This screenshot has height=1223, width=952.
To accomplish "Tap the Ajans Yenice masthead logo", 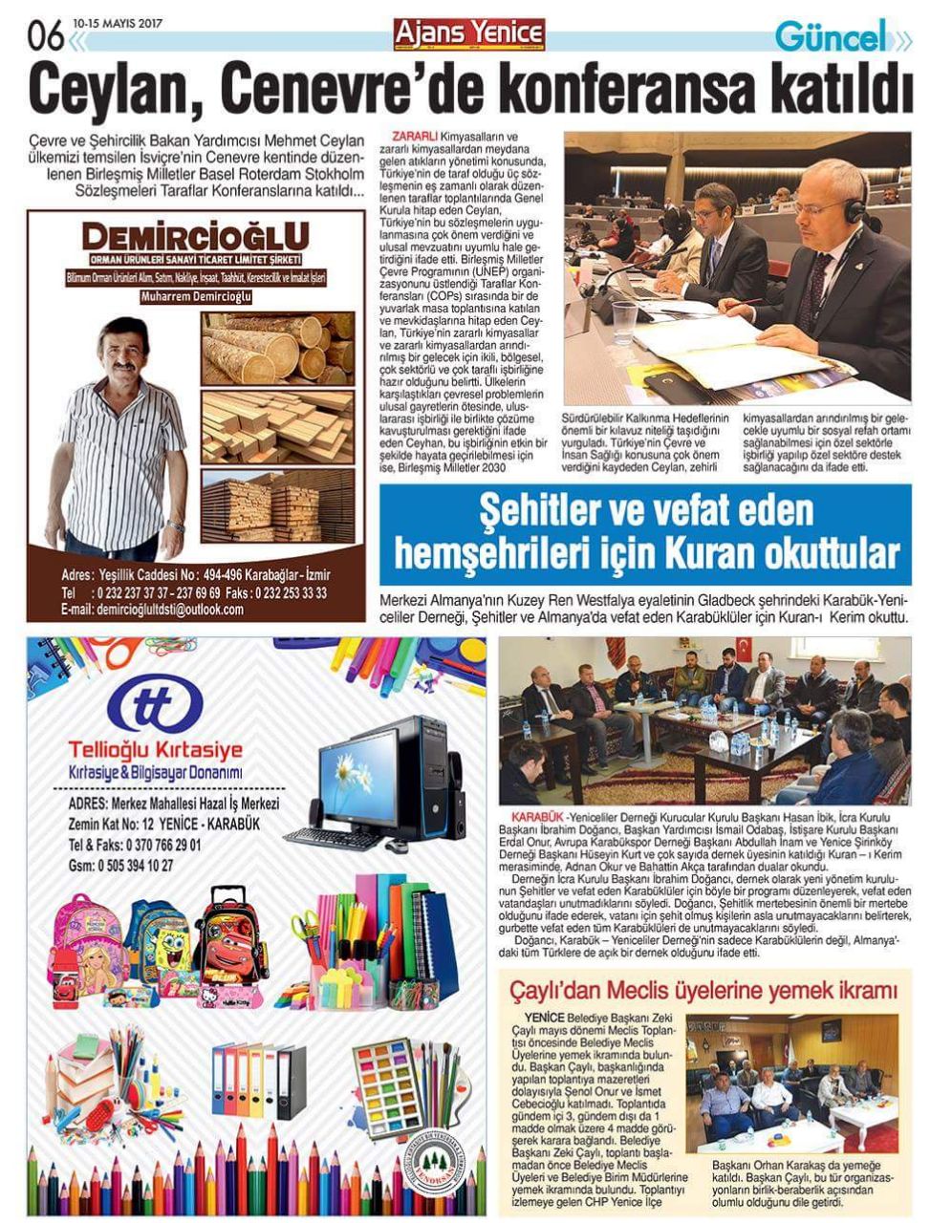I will coord(469,33).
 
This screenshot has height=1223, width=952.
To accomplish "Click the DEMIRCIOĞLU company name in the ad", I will coord(196,237).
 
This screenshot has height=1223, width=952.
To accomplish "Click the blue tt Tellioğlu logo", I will coord(155,704).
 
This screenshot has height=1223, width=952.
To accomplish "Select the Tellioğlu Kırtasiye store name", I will coord(156,750).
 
